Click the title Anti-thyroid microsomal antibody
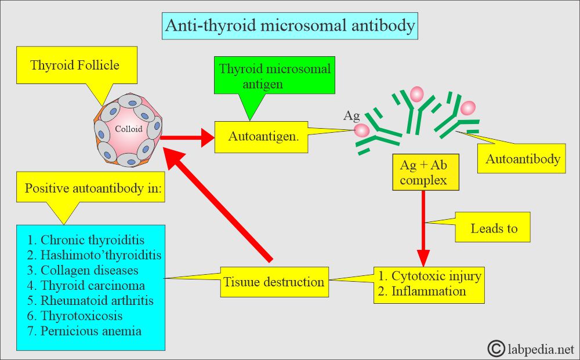coord(290,26)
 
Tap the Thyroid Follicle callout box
coord(77,65)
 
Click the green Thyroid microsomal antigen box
coord(274,75)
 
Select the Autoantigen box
coord(262,137)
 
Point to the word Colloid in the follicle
coord(128,129)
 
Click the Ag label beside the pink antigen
coord(351,116)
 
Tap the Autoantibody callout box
coord(521,159)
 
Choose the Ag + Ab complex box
coord(426,172)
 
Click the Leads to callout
coord(492,227)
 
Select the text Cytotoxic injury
coord(437,276)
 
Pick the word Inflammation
coord(429,291)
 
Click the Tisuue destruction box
coord(274,282)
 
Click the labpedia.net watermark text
coord(541,348)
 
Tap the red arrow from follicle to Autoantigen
coord(187,137)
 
